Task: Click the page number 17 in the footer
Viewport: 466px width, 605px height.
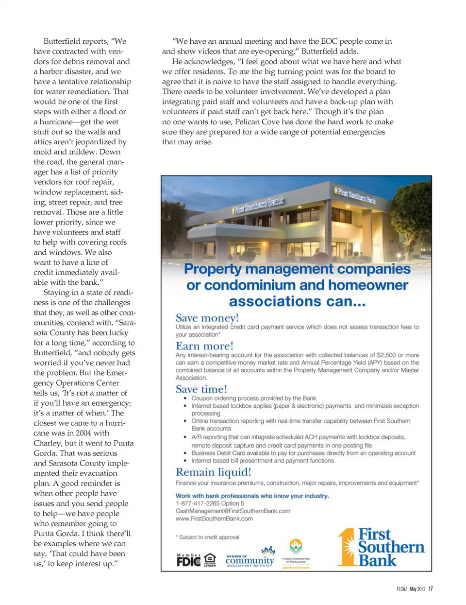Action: [x=431, y=589]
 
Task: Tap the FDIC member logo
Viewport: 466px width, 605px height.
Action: [x=188, y=561]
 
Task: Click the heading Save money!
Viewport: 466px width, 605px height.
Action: [x=207, y=318]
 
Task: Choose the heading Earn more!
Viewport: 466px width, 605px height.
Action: [x=204, y=346]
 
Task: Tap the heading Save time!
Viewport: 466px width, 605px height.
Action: [x=201, y=389]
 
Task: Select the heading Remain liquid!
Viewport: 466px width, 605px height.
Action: [x=213, y=472]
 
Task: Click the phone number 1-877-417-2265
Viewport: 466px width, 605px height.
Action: [x=198, y=503]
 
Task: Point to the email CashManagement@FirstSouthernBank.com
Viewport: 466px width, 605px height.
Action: [x=233, y=511]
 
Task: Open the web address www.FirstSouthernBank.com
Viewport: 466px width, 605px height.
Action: [x=214, y=519]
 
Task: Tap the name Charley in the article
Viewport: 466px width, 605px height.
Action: [x=47, y=443]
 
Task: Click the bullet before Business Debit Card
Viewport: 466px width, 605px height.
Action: [x=185, y=453]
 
